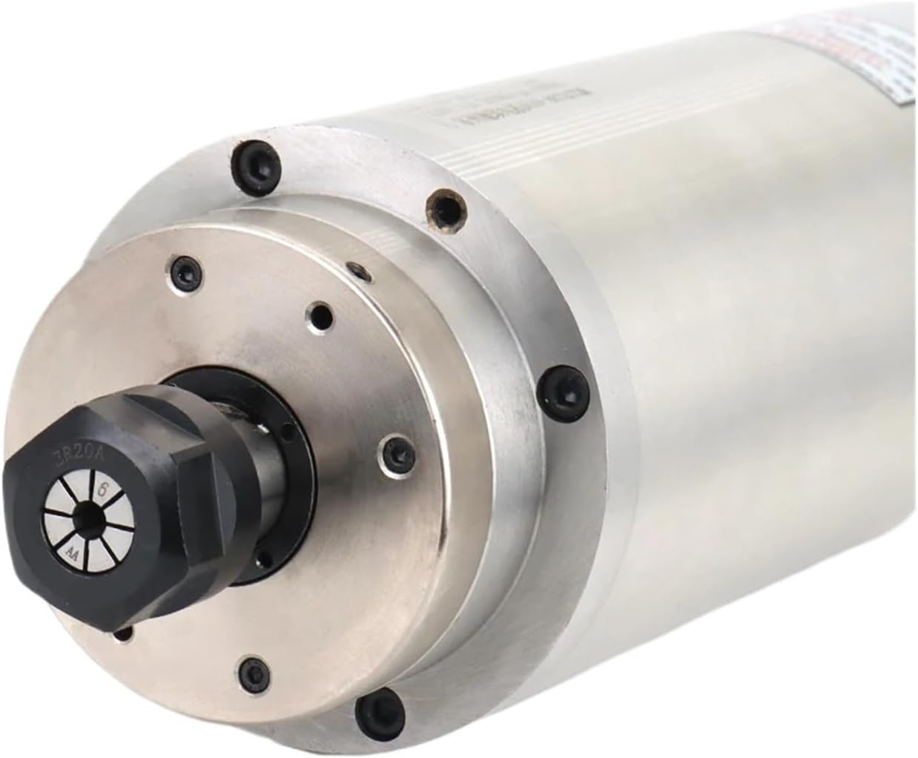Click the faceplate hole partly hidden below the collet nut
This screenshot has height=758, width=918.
127,631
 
